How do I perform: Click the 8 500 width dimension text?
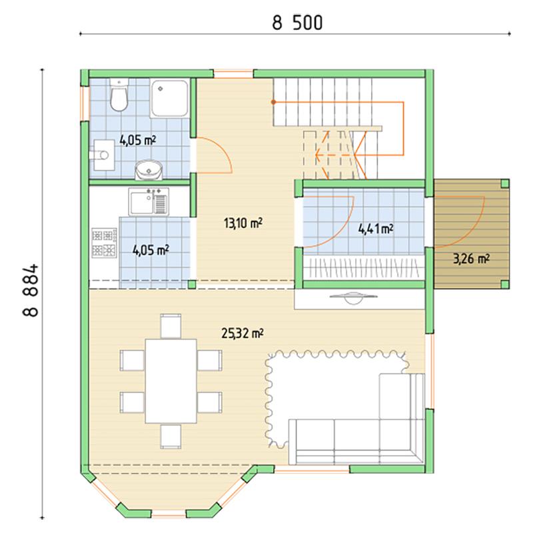pyautogui.click(x=297, y=23)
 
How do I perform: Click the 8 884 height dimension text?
pyautogui.click(x=31, y=290)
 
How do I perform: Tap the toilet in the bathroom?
pyautogui.click(x=119, y=95)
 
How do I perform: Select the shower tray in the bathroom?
pyautogui.click(x=169, y=99)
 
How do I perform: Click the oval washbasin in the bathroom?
pyautogui.click(x=149, y=170)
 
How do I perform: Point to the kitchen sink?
pyautogui.click(x=149, y=202)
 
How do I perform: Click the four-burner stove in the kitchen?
pyautogui.click(x=105, y=243)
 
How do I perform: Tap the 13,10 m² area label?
pyautogui.click(x=243, y=223)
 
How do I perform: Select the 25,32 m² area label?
pyautogui.click(x=243, y=333)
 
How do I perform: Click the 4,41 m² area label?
pyautogui.click(x=376, y=229)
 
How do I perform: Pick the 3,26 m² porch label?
pyautogui.click(x=471, y=259)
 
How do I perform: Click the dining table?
pyautogui.click(x=171, y=381)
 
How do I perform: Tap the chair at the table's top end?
pyautogui.click(x=171, y=326)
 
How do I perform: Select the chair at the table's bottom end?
pyautogui.click(x=171, y=436)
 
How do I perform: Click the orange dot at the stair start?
pyautogui.click(x=273, y=102)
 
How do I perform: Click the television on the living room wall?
pyautogui.click(x=354, y=298)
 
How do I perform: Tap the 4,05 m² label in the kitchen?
pyautogui.click(x=151, y=251)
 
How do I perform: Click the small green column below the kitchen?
pyautogui.click(x=192, y=284)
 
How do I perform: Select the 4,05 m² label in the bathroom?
pyautogui.click(x=138, y=140)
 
